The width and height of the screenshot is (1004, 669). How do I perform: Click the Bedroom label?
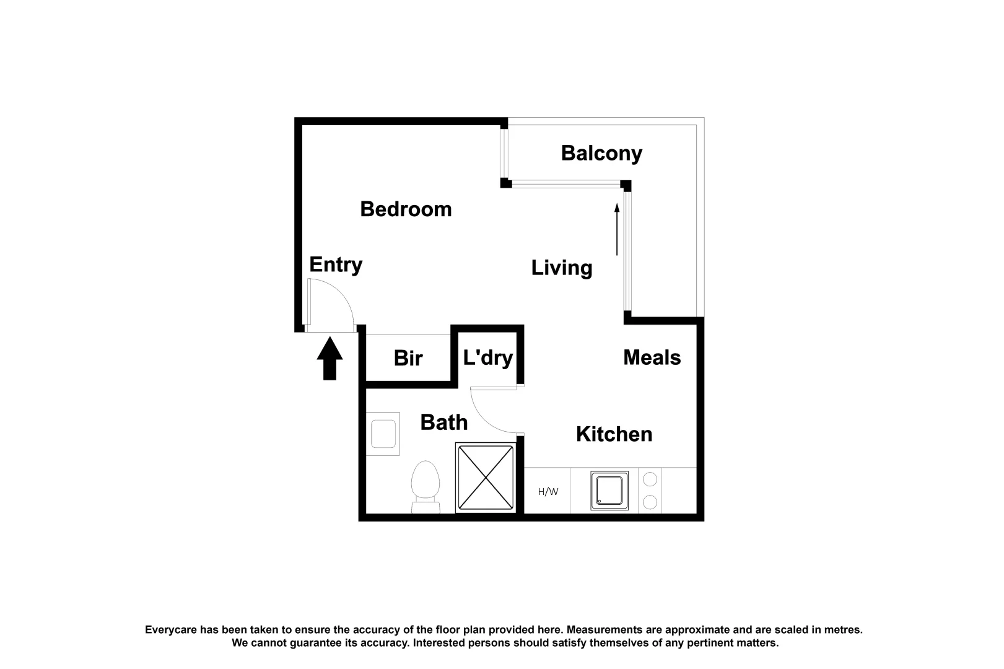[406, 209]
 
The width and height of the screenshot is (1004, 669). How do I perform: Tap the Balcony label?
[601, 154]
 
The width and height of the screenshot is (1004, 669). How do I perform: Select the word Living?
[562, 268]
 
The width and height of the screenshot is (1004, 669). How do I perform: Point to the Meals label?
[652, 358]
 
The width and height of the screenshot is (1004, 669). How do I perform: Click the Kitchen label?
[614, 434]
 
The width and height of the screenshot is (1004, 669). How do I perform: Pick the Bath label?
[443, 422]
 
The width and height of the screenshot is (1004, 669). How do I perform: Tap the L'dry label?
[487, 358]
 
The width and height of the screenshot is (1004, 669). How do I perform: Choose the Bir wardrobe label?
[408, 358]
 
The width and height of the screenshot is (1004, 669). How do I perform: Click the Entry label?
[336, 265]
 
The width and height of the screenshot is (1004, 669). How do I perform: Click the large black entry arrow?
[330, 359]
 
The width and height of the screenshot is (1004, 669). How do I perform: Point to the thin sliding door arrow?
[617, 229]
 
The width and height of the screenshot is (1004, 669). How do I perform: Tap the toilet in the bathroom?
[426, 487]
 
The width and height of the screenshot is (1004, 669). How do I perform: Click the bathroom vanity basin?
[383, 434]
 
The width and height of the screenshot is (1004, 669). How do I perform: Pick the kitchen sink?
[609, 491]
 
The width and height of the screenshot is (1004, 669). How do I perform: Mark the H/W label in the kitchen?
[548, 492]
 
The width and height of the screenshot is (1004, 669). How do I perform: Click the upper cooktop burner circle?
[650, 479]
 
